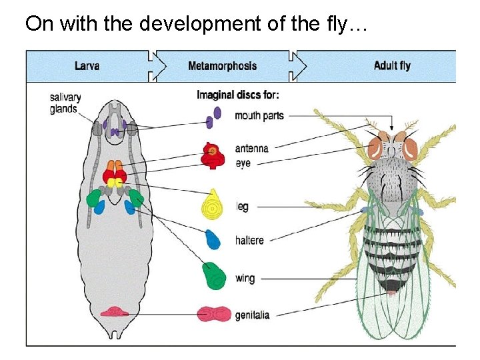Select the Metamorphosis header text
[222, 66]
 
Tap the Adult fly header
[392, 65]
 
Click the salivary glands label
[63, 103]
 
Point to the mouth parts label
[259, 116]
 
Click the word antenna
[251, 148]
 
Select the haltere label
[249, 240]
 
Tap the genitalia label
[252, 315]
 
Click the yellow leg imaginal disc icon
[212, 204]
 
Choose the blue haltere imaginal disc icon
[213, 239]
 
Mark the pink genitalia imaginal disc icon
[215, 313]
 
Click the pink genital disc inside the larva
[115, 312]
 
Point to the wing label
[245, 278]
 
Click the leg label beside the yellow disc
[242, 207]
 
